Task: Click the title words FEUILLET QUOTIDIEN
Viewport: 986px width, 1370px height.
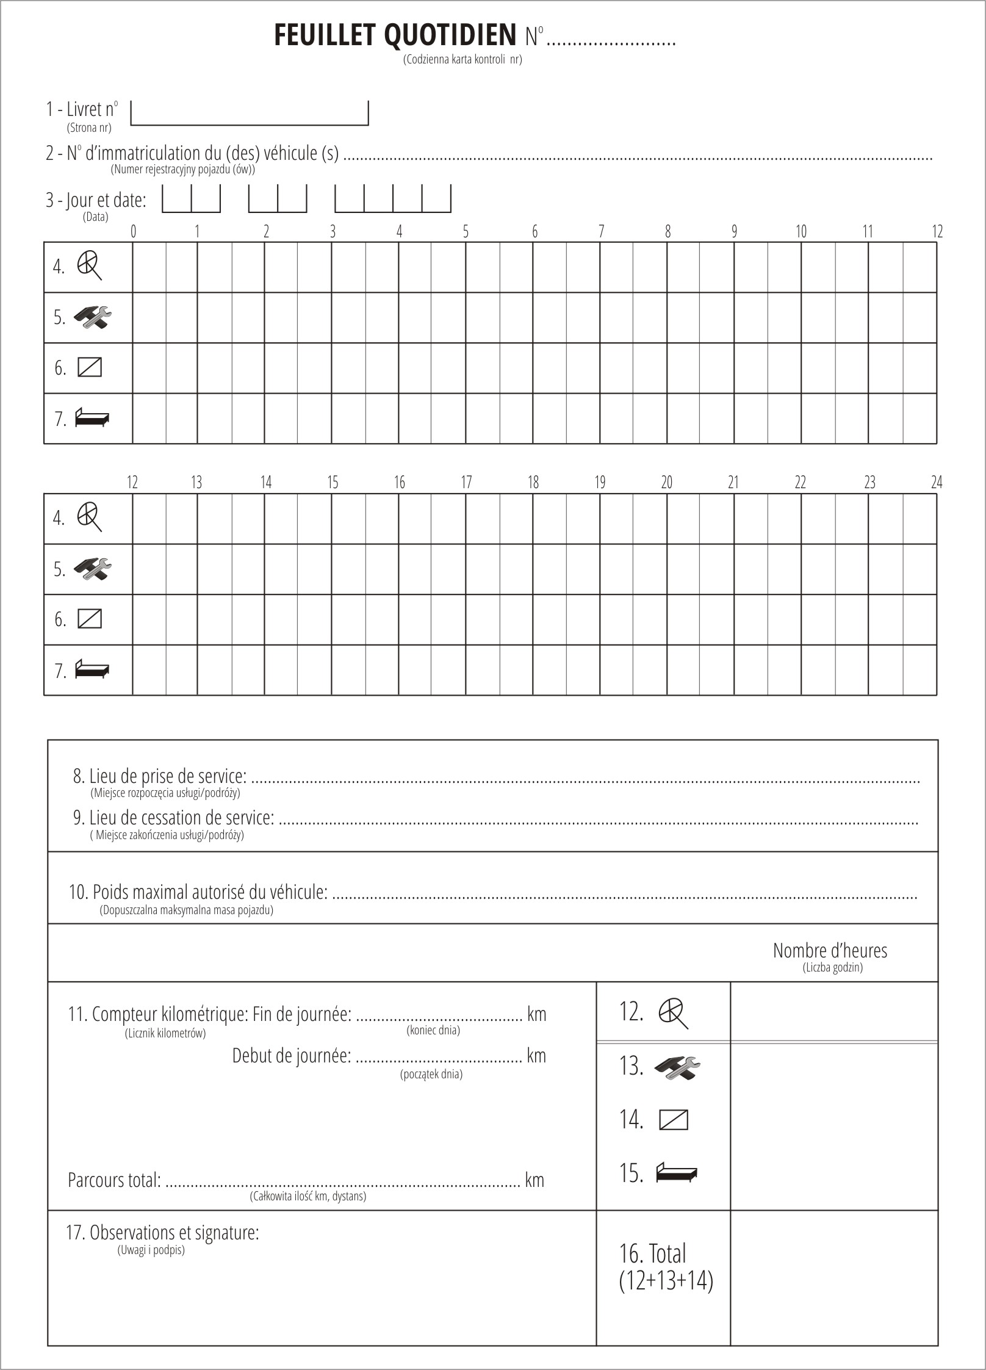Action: click(395, 36)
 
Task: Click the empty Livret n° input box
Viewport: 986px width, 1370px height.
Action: click(249, 113)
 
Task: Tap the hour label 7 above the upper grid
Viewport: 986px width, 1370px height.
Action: click(601, 232)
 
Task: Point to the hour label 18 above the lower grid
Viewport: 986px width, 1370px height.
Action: click(533, 483)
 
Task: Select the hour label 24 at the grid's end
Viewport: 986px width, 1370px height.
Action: click(937, 483)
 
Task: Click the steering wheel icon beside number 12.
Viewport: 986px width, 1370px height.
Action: click(673, 1014)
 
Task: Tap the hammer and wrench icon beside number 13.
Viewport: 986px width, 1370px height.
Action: click(677, 1068)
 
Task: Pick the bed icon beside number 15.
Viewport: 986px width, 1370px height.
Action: click(676, 1173)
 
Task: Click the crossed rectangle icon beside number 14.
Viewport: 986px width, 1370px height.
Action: click(674, 1120)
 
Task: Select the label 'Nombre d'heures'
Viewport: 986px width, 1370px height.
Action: click(830, 951)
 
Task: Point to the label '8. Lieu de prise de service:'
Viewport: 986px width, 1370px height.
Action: click(160, 776)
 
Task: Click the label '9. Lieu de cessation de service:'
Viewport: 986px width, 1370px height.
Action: click(173, 818)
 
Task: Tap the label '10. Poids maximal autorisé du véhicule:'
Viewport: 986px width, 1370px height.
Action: click(198, 892)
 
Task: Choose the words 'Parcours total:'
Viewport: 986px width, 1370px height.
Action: click(114, 1180)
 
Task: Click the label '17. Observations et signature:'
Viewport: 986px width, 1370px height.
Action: click(162, 1233)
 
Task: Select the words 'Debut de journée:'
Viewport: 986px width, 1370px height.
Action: click(292, 1056)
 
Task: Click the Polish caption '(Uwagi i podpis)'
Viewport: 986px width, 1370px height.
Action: click(151, 1250)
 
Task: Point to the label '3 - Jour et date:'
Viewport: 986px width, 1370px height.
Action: click(96, 200)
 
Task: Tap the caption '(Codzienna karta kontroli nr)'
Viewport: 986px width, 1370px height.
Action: click(462, 60)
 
